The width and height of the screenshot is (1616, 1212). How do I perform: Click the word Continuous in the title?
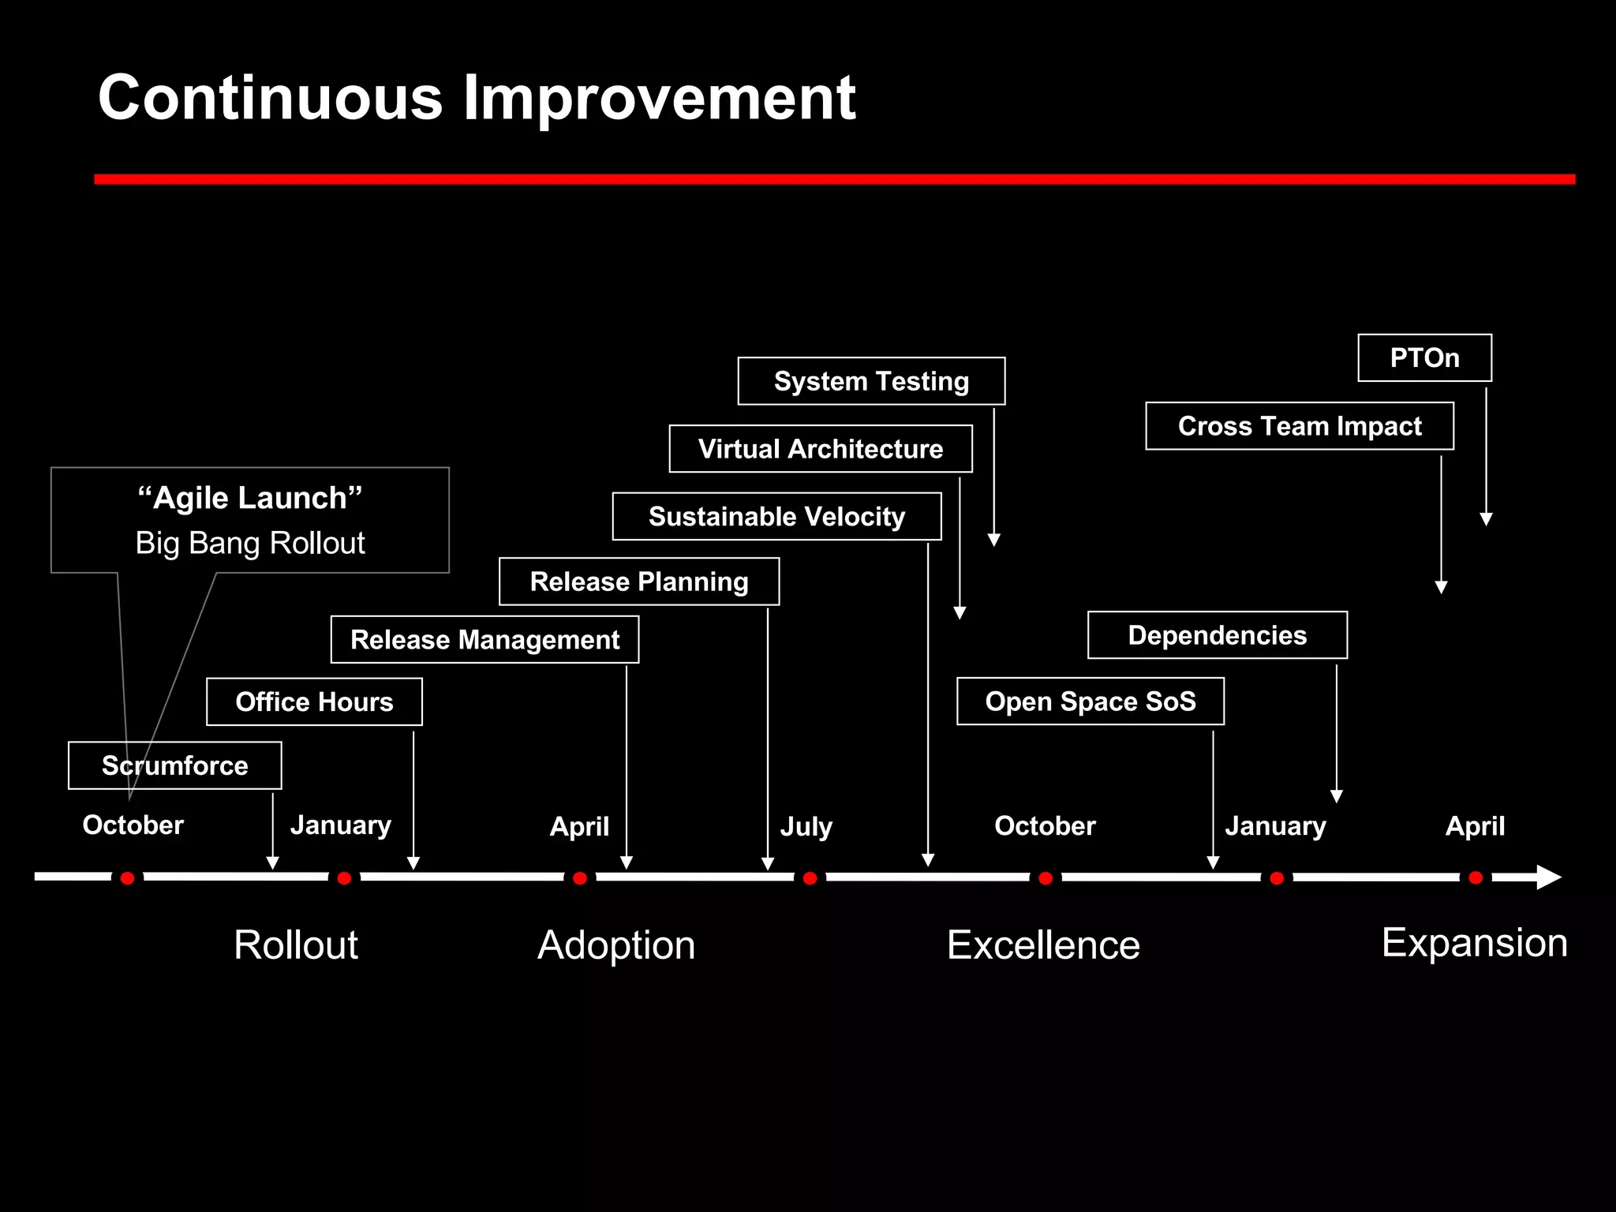point(270,98)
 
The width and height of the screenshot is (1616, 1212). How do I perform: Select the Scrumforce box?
point(174,765)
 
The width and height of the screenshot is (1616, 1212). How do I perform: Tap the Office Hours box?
point(314,701)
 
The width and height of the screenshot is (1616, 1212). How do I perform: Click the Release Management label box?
point(484,639)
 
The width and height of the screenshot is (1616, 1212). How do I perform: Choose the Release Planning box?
point(639,582)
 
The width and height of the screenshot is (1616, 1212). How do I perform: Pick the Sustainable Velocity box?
point(776,516)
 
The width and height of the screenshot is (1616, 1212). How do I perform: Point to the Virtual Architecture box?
point(821,449)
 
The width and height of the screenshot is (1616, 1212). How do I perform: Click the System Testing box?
point(871,381)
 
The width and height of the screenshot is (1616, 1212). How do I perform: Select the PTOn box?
point(1424,357)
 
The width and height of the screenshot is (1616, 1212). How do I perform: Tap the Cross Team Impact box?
point(1300,426)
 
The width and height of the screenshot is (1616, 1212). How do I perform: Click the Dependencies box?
point(1217,635)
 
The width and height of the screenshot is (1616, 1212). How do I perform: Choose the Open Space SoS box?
point(1090,701)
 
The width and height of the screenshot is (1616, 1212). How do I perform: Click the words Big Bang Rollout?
point(250,543)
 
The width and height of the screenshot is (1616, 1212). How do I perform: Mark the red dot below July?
point(810,878)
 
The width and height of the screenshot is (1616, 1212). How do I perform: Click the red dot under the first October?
point(127,878)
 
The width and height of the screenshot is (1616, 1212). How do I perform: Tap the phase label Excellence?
point(1043,945)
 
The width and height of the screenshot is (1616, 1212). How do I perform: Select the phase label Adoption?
point(616,945)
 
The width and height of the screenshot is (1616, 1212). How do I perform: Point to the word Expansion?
point(1474,943)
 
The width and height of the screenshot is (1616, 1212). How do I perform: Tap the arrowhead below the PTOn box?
point(1486,519)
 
